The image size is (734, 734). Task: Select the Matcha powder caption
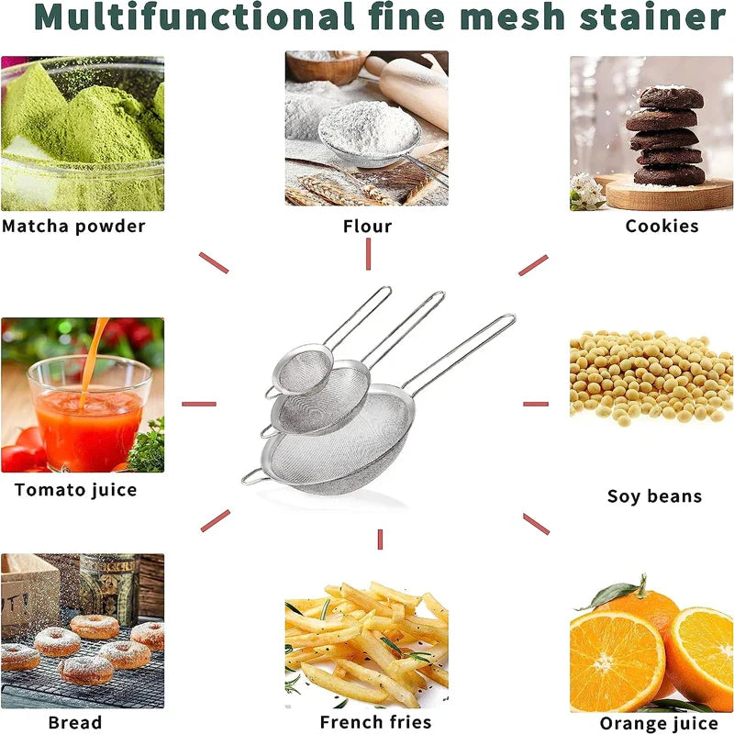tap(73, 226)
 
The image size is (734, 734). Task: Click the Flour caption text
tap(367, 226)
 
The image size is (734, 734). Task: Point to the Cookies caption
tap(662, 226)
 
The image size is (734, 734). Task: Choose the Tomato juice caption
tap(75, 490)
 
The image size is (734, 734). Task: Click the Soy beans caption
tap(654, 496)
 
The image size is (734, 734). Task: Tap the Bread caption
tap(75, 722)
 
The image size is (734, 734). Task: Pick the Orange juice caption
tap(657, 724)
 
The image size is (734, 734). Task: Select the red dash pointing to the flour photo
tap(367, 254)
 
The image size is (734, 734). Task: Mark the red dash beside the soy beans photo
tap(536, 404)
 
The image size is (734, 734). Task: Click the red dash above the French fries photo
tap(379, 539)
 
